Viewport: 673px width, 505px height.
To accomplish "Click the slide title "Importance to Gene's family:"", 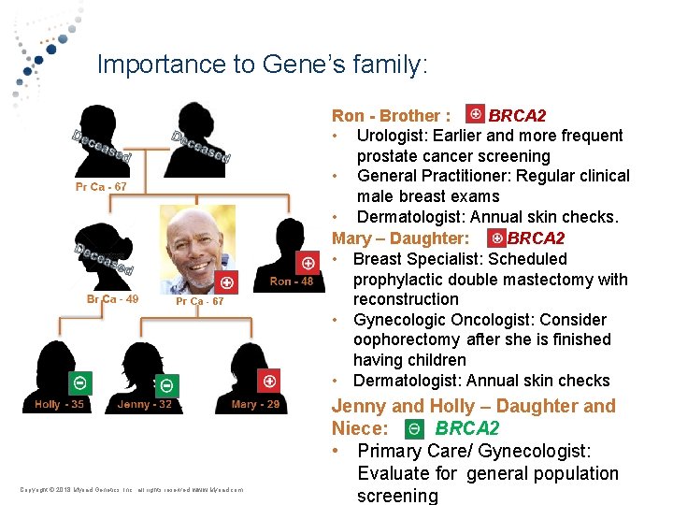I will tap(262, 65).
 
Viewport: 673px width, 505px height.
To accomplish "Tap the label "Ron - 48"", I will tap(292, 281).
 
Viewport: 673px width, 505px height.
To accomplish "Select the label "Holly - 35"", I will tap(59, 404).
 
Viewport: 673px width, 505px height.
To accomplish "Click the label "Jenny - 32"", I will tap(145, 404).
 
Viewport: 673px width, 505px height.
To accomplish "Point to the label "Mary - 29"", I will tap(255, 404).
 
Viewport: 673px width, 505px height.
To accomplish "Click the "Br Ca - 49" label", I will tap(113, 299).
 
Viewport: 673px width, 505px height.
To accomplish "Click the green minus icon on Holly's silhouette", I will tap(80, 382).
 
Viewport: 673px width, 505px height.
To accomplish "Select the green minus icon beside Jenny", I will tap(166, 384).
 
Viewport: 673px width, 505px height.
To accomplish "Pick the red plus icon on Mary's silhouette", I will tap(269, 381).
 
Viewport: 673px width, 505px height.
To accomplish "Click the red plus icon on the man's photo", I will tap(225, 282).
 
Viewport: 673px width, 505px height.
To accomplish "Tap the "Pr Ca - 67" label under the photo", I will tap(200, 302).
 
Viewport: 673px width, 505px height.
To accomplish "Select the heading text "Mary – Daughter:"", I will tap(401, 238).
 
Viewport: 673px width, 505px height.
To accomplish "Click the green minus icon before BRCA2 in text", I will tap(414, 429).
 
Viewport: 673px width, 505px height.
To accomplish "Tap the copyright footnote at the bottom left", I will tap(132, 489).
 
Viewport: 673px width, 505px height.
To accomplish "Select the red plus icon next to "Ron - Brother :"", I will tap(475, 115).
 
